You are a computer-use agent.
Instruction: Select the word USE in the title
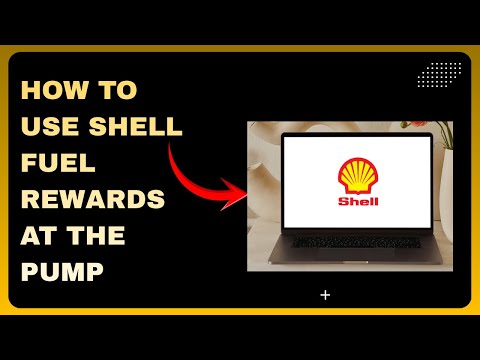[x=51, y=127]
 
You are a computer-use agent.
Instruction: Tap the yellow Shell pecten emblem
[x=355, y=175]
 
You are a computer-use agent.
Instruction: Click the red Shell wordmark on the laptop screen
[x=355, y=200]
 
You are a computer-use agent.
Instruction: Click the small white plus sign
[x=325, y=295]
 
